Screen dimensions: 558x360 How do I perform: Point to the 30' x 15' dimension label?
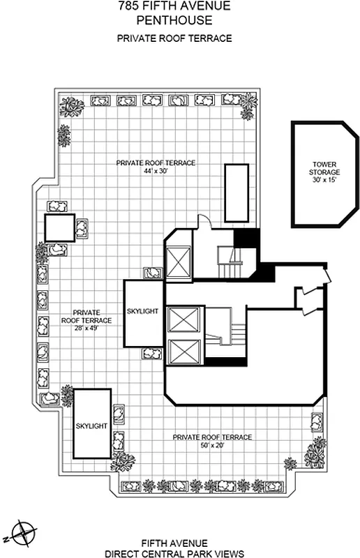click(x=325, y=179)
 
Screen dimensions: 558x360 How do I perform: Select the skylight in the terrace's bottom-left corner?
click(x=91, y=423)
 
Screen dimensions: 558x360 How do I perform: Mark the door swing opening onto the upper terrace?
click(x=202, y=222)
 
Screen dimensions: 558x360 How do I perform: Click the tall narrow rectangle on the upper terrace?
click(x=236, y=193)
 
